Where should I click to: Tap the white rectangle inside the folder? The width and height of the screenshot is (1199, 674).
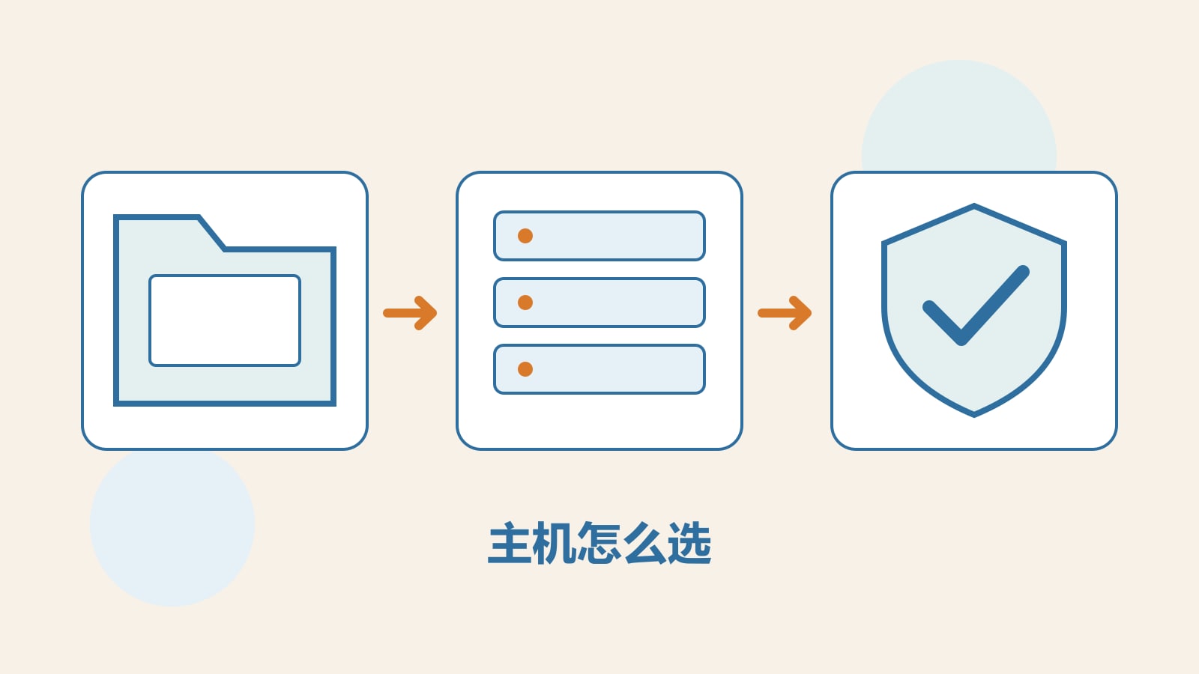225,321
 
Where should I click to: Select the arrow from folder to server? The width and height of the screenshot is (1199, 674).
410,313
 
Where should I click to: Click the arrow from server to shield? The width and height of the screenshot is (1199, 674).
785,313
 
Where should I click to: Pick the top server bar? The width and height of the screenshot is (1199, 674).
599,236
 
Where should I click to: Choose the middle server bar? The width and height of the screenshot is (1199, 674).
599,303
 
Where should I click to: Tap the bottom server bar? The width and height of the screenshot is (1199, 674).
599,369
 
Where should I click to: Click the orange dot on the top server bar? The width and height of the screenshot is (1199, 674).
525,236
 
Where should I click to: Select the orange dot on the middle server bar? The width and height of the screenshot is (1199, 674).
525,303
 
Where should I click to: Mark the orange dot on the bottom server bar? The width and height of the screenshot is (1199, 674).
525,369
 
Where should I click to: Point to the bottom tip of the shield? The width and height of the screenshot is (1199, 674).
974,416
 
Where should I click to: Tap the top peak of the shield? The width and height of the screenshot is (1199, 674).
974,204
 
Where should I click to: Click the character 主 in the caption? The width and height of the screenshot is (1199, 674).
510,544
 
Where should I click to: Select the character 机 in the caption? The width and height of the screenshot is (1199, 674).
555,544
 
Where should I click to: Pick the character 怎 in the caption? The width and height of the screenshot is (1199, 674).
599,544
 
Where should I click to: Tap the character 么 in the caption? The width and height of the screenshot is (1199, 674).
644,544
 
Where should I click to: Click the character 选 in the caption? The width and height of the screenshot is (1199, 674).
689,544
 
